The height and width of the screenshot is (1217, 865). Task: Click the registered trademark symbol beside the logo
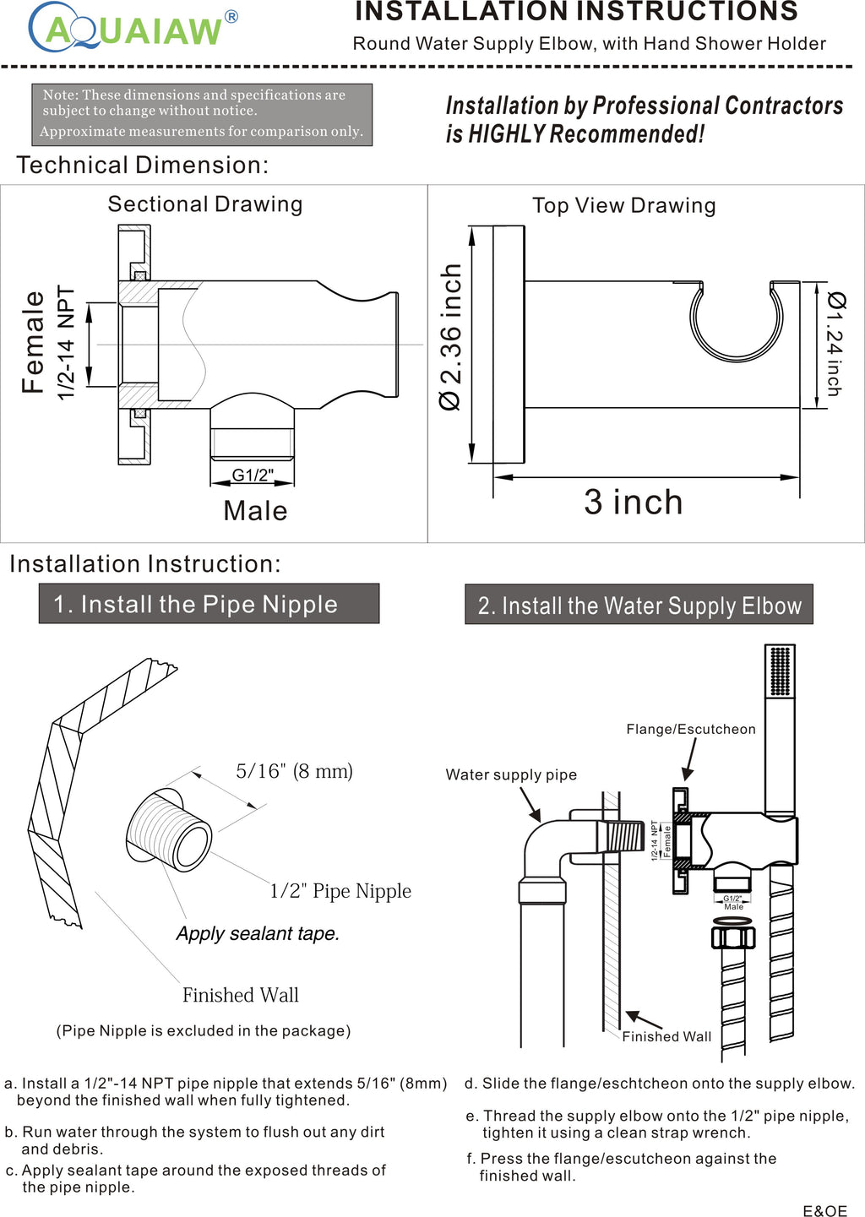tap(231, 17)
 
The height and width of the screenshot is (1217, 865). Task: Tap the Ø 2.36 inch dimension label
tap(451, 337)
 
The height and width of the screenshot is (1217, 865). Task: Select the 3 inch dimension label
tap(634, 503)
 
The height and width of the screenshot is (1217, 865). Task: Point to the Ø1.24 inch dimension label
tap(835, 343)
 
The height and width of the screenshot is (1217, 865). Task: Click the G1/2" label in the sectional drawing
tap(253, 475)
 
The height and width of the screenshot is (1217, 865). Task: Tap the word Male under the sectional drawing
tap(255, 511)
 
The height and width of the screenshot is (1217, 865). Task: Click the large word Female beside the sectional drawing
tap(34, 342)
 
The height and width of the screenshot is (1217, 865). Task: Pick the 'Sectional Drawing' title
tap(205, 204)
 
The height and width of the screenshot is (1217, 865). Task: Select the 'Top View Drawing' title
tap(624, 206)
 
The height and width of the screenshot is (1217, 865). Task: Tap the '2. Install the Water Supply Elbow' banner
tap(639, 605)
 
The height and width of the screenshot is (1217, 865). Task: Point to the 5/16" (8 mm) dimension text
tap(294, 771)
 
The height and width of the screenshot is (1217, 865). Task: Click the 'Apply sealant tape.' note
tap(258, 933)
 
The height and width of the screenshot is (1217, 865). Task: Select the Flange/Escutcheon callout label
tap(691, 729)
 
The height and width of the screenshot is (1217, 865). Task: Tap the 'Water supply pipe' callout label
tap(511, 774)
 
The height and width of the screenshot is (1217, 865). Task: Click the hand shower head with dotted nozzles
tap(781, 671)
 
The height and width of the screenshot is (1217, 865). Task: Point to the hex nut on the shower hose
tap(733, 937)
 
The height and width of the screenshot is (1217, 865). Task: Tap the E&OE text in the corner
tap(824, 1210)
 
